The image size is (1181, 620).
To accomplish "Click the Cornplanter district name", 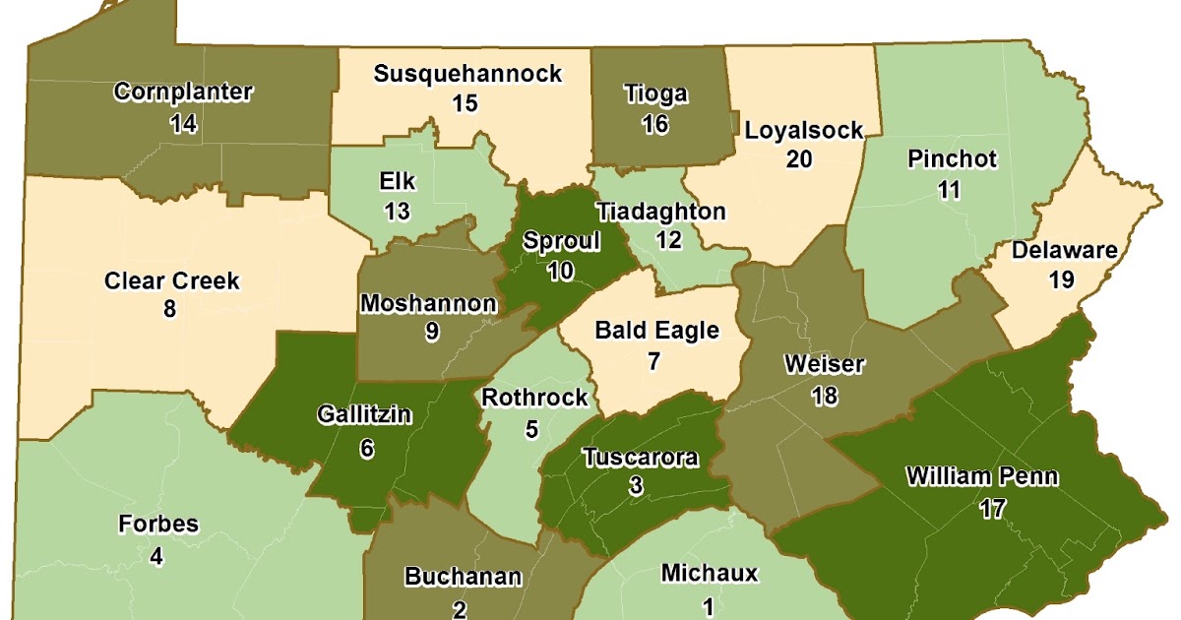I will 183,93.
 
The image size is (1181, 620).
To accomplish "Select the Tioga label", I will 656,94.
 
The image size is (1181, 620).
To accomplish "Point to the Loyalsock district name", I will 803,130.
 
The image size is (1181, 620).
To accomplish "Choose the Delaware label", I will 1065,250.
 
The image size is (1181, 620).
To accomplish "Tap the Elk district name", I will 397,182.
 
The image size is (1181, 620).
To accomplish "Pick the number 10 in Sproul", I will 560,271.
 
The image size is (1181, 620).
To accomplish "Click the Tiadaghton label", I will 661,212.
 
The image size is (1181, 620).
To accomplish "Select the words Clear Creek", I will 172,280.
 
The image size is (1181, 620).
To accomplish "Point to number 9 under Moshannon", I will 432,332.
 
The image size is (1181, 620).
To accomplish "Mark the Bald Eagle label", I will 657,331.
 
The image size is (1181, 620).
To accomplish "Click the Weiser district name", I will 824,365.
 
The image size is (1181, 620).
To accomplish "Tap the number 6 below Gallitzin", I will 367,448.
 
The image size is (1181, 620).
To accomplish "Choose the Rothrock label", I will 535,398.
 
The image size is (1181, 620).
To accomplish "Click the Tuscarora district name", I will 640,458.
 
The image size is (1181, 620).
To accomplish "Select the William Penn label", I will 982,478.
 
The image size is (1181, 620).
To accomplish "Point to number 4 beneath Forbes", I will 156,557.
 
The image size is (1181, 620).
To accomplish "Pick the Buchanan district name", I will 463,577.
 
